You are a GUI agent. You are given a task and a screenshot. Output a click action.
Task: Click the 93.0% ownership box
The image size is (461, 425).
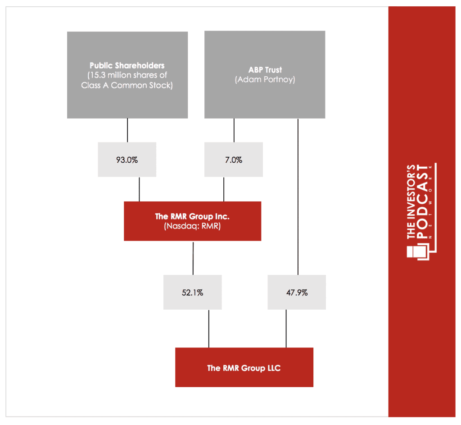point(127,160)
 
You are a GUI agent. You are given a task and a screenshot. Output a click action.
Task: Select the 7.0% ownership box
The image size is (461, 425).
point(234,160)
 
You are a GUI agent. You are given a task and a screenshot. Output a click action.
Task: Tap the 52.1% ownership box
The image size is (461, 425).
point(193,292)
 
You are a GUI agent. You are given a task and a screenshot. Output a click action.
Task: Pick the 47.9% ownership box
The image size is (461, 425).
point(297,292)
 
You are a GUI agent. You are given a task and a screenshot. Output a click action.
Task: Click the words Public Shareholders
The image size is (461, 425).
point(127,65)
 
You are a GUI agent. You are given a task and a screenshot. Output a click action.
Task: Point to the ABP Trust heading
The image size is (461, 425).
point(265,70)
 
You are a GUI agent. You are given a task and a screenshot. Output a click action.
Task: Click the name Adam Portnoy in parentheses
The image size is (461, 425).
point(265,79)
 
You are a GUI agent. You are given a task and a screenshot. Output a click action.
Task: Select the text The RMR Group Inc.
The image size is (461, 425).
point(192,216)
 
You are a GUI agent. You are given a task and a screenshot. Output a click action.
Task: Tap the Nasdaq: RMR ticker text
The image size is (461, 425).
point(192,226)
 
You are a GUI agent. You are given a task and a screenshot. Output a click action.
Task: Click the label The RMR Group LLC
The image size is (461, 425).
point(244,368)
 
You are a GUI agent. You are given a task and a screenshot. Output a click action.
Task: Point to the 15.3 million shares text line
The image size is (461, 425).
point(127,75)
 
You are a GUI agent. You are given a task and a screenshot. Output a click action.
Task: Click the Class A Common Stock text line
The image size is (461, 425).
point(127,85)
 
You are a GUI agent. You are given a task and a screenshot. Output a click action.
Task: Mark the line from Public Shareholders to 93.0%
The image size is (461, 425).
point(127,130)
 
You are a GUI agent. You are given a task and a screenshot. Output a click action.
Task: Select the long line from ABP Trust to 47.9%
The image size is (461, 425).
point(298,197)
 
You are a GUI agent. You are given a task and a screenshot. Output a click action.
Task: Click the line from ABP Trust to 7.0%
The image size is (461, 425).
point(234,130)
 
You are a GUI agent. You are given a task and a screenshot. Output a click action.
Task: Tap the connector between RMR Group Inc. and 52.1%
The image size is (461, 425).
point(193,258)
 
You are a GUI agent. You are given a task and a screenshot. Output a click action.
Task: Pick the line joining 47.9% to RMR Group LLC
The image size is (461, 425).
point(286,329)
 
